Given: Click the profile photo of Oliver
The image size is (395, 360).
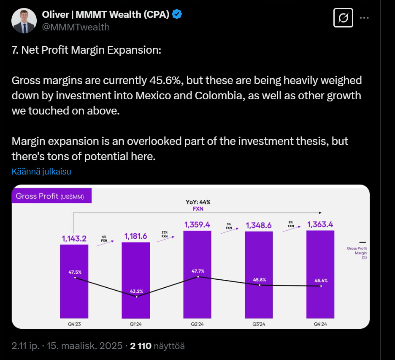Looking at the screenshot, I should (24, 21).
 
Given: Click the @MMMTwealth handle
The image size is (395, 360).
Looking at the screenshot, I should (76, 27).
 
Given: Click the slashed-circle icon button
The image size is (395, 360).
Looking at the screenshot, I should (343, 18).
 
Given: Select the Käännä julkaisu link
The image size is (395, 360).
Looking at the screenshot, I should (41, 172).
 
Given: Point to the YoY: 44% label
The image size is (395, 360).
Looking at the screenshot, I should (198, 202).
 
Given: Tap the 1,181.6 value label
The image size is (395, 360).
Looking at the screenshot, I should (135, 236).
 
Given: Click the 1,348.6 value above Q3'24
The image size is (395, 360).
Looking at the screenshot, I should (259, 225).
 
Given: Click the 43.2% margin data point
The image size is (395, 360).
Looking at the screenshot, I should (136, 297).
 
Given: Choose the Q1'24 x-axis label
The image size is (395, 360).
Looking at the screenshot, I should (136, 324).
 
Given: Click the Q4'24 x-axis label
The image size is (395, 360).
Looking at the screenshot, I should (321, 324).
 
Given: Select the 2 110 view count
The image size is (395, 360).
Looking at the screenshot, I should (141, 346).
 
